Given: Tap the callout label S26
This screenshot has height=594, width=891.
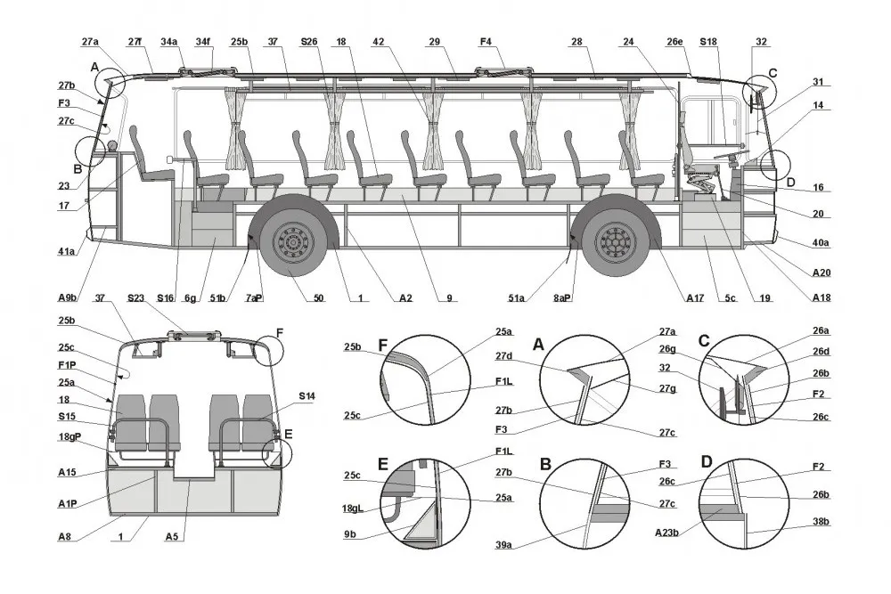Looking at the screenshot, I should tap(309, 42).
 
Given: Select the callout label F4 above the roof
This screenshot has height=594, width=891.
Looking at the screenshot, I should tap(486, 42).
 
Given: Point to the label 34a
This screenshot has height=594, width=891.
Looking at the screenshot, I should tap(169, 42).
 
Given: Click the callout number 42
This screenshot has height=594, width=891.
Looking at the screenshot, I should tap(379, 42).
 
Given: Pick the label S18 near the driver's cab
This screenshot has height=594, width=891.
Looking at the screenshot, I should tap(708, 42).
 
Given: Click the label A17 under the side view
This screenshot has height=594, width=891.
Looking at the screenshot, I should tap(695, 297).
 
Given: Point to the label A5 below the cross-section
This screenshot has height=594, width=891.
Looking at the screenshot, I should tap(174, 537).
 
